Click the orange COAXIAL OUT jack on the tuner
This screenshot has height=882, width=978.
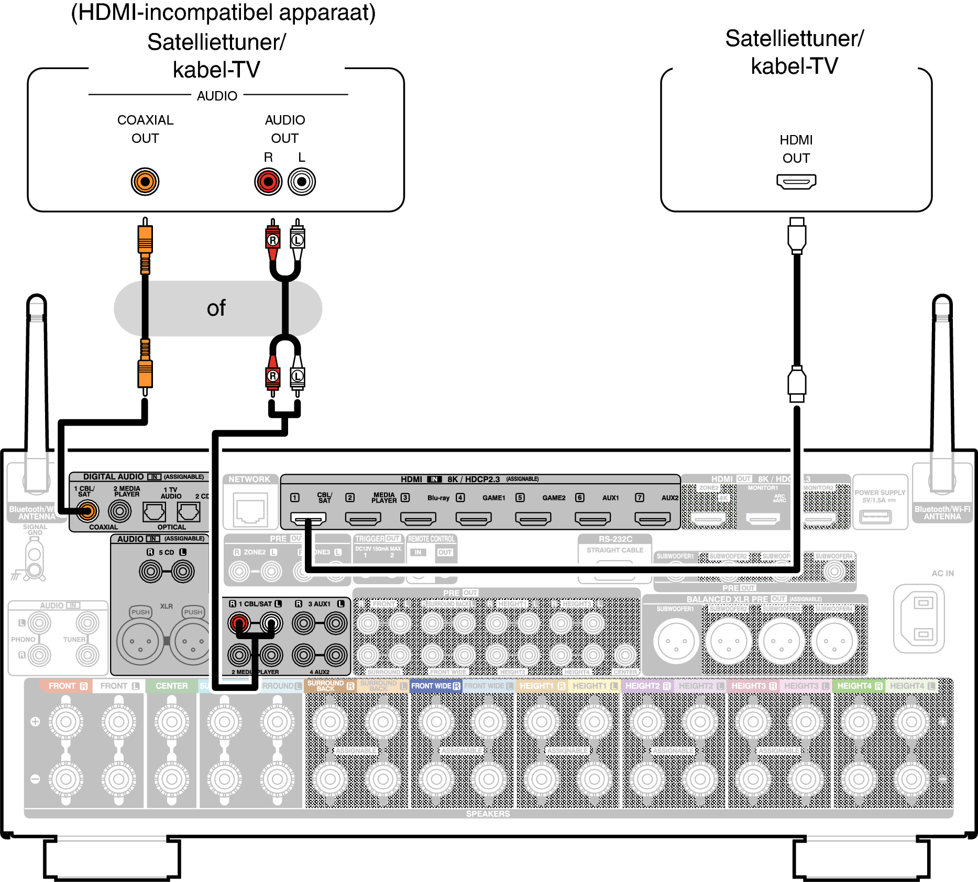[145, 182]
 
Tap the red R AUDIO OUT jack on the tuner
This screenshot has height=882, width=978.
[268, 182]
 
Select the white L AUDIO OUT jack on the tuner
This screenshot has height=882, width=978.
[302, 182]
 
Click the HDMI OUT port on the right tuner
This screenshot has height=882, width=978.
[796, 182]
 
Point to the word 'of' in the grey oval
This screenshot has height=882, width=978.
[216, 308]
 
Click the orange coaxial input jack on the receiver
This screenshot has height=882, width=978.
[87, 511]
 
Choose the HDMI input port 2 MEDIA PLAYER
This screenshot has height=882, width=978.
[362, 519]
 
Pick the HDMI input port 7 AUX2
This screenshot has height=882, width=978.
[652, 519]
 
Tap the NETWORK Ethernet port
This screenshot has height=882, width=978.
[250, 511]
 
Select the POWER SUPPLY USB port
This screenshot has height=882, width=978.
[875, 517]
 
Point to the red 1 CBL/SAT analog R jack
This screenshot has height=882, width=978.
[239, 623]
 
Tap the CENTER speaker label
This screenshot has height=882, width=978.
[171, 686]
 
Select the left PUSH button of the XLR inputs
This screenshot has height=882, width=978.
[140, 612]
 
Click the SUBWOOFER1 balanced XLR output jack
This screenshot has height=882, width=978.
[676, 641]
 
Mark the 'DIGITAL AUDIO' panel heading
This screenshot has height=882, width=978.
[113, 476]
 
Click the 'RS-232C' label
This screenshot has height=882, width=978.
[615, 539]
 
